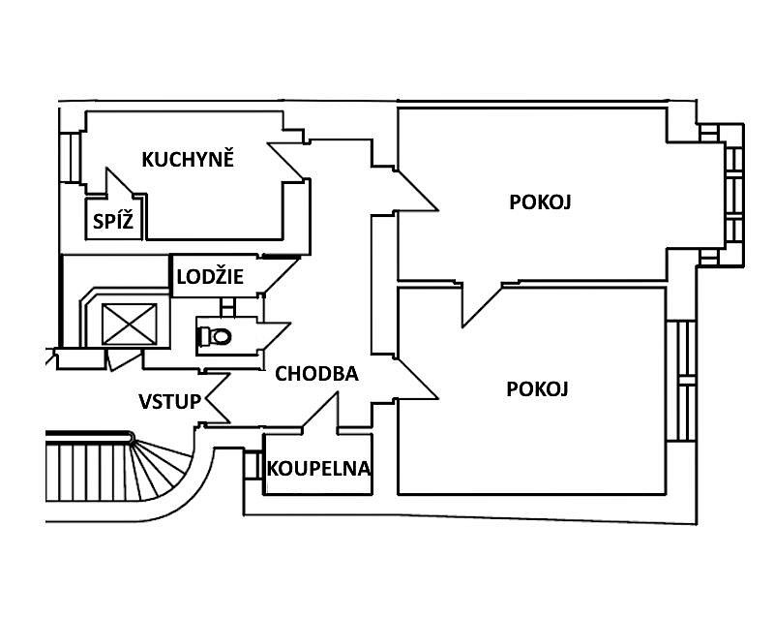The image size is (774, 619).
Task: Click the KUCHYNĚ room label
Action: click(x=188, y=159)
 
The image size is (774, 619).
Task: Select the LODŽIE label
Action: click(x=210, y=277)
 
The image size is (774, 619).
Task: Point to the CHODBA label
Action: click(x=316, y=373)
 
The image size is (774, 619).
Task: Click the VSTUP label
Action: click(x=169, y=401)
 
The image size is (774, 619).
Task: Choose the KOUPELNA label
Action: click(x=318, y=469)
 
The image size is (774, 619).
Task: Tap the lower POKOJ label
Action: click(x=537, y=389)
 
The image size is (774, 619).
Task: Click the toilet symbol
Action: click(x=214, y=336)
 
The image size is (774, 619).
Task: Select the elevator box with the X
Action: click(x=129, y=324)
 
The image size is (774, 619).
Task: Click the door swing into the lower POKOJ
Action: click(x=414, y=377)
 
